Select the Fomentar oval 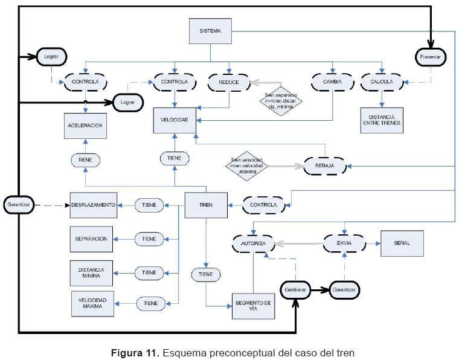coord(431,57)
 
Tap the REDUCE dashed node coord(229,82)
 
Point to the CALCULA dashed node coord(381,82)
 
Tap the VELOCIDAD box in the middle coord(174,120)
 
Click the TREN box coord(205,205)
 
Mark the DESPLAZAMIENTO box coord(94,205)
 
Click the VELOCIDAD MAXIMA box coord(92,303)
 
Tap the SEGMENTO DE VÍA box coord(252,306)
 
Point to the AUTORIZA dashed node coord(253,243)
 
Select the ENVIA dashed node coord(344,243)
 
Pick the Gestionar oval coord(295,290)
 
